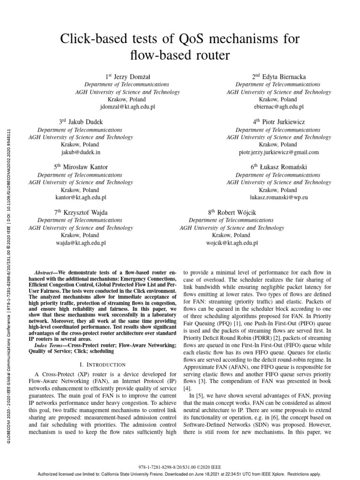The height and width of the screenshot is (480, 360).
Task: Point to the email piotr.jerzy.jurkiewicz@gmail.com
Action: pyautogui.click(x=278, y=152)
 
